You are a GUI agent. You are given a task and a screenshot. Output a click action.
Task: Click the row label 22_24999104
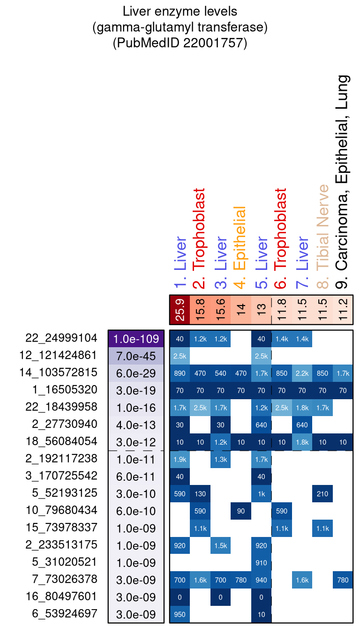(x=61, y=338)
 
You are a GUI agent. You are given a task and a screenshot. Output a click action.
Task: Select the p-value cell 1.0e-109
(x=136, y=338)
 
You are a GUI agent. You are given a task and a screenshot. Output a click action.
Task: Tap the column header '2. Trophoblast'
(x=200, y=241)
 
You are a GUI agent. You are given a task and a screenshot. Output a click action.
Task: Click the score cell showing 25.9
(x=180, y=310)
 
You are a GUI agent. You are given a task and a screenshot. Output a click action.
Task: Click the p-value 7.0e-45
(x=136, y=356)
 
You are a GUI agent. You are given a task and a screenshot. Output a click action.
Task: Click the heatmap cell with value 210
(x=322, y=493)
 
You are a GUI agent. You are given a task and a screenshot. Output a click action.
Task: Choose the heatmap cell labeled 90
(x=241, y=511)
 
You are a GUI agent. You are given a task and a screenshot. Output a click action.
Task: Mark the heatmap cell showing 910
(x=262, y=563)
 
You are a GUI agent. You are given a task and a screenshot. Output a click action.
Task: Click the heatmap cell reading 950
(x=180, y=614)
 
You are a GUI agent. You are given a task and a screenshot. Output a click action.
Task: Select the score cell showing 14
(x=241, y=310)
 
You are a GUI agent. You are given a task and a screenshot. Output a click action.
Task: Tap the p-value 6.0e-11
(x=136, y=476)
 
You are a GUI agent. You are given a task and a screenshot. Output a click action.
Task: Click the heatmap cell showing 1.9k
(x=180, y=459)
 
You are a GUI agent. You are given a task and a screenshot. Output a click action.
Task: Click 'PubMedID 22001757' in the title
(x=180, y=43)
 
